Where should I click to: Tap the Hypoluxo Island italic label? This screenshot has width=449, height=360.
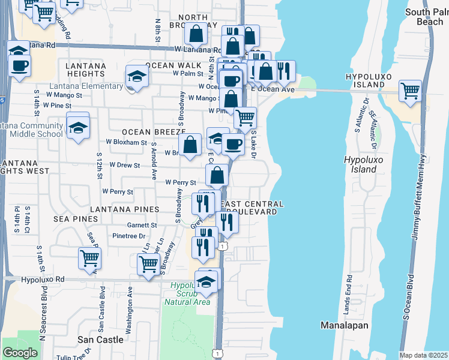pos(360,164)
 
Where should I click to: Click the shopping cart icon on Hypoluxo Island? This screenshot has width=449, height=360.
pos(410,91)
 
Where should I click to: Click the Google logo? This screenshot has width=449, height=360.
pos(20,353)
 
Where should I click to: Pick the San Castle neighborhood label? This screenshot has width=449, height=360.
pos(101,340)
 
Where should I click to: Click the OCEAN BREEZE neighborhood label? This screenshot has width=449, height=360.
pos(152,131)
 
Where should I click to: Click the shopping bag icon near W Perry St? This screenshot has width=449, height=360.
pos(217,175)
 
